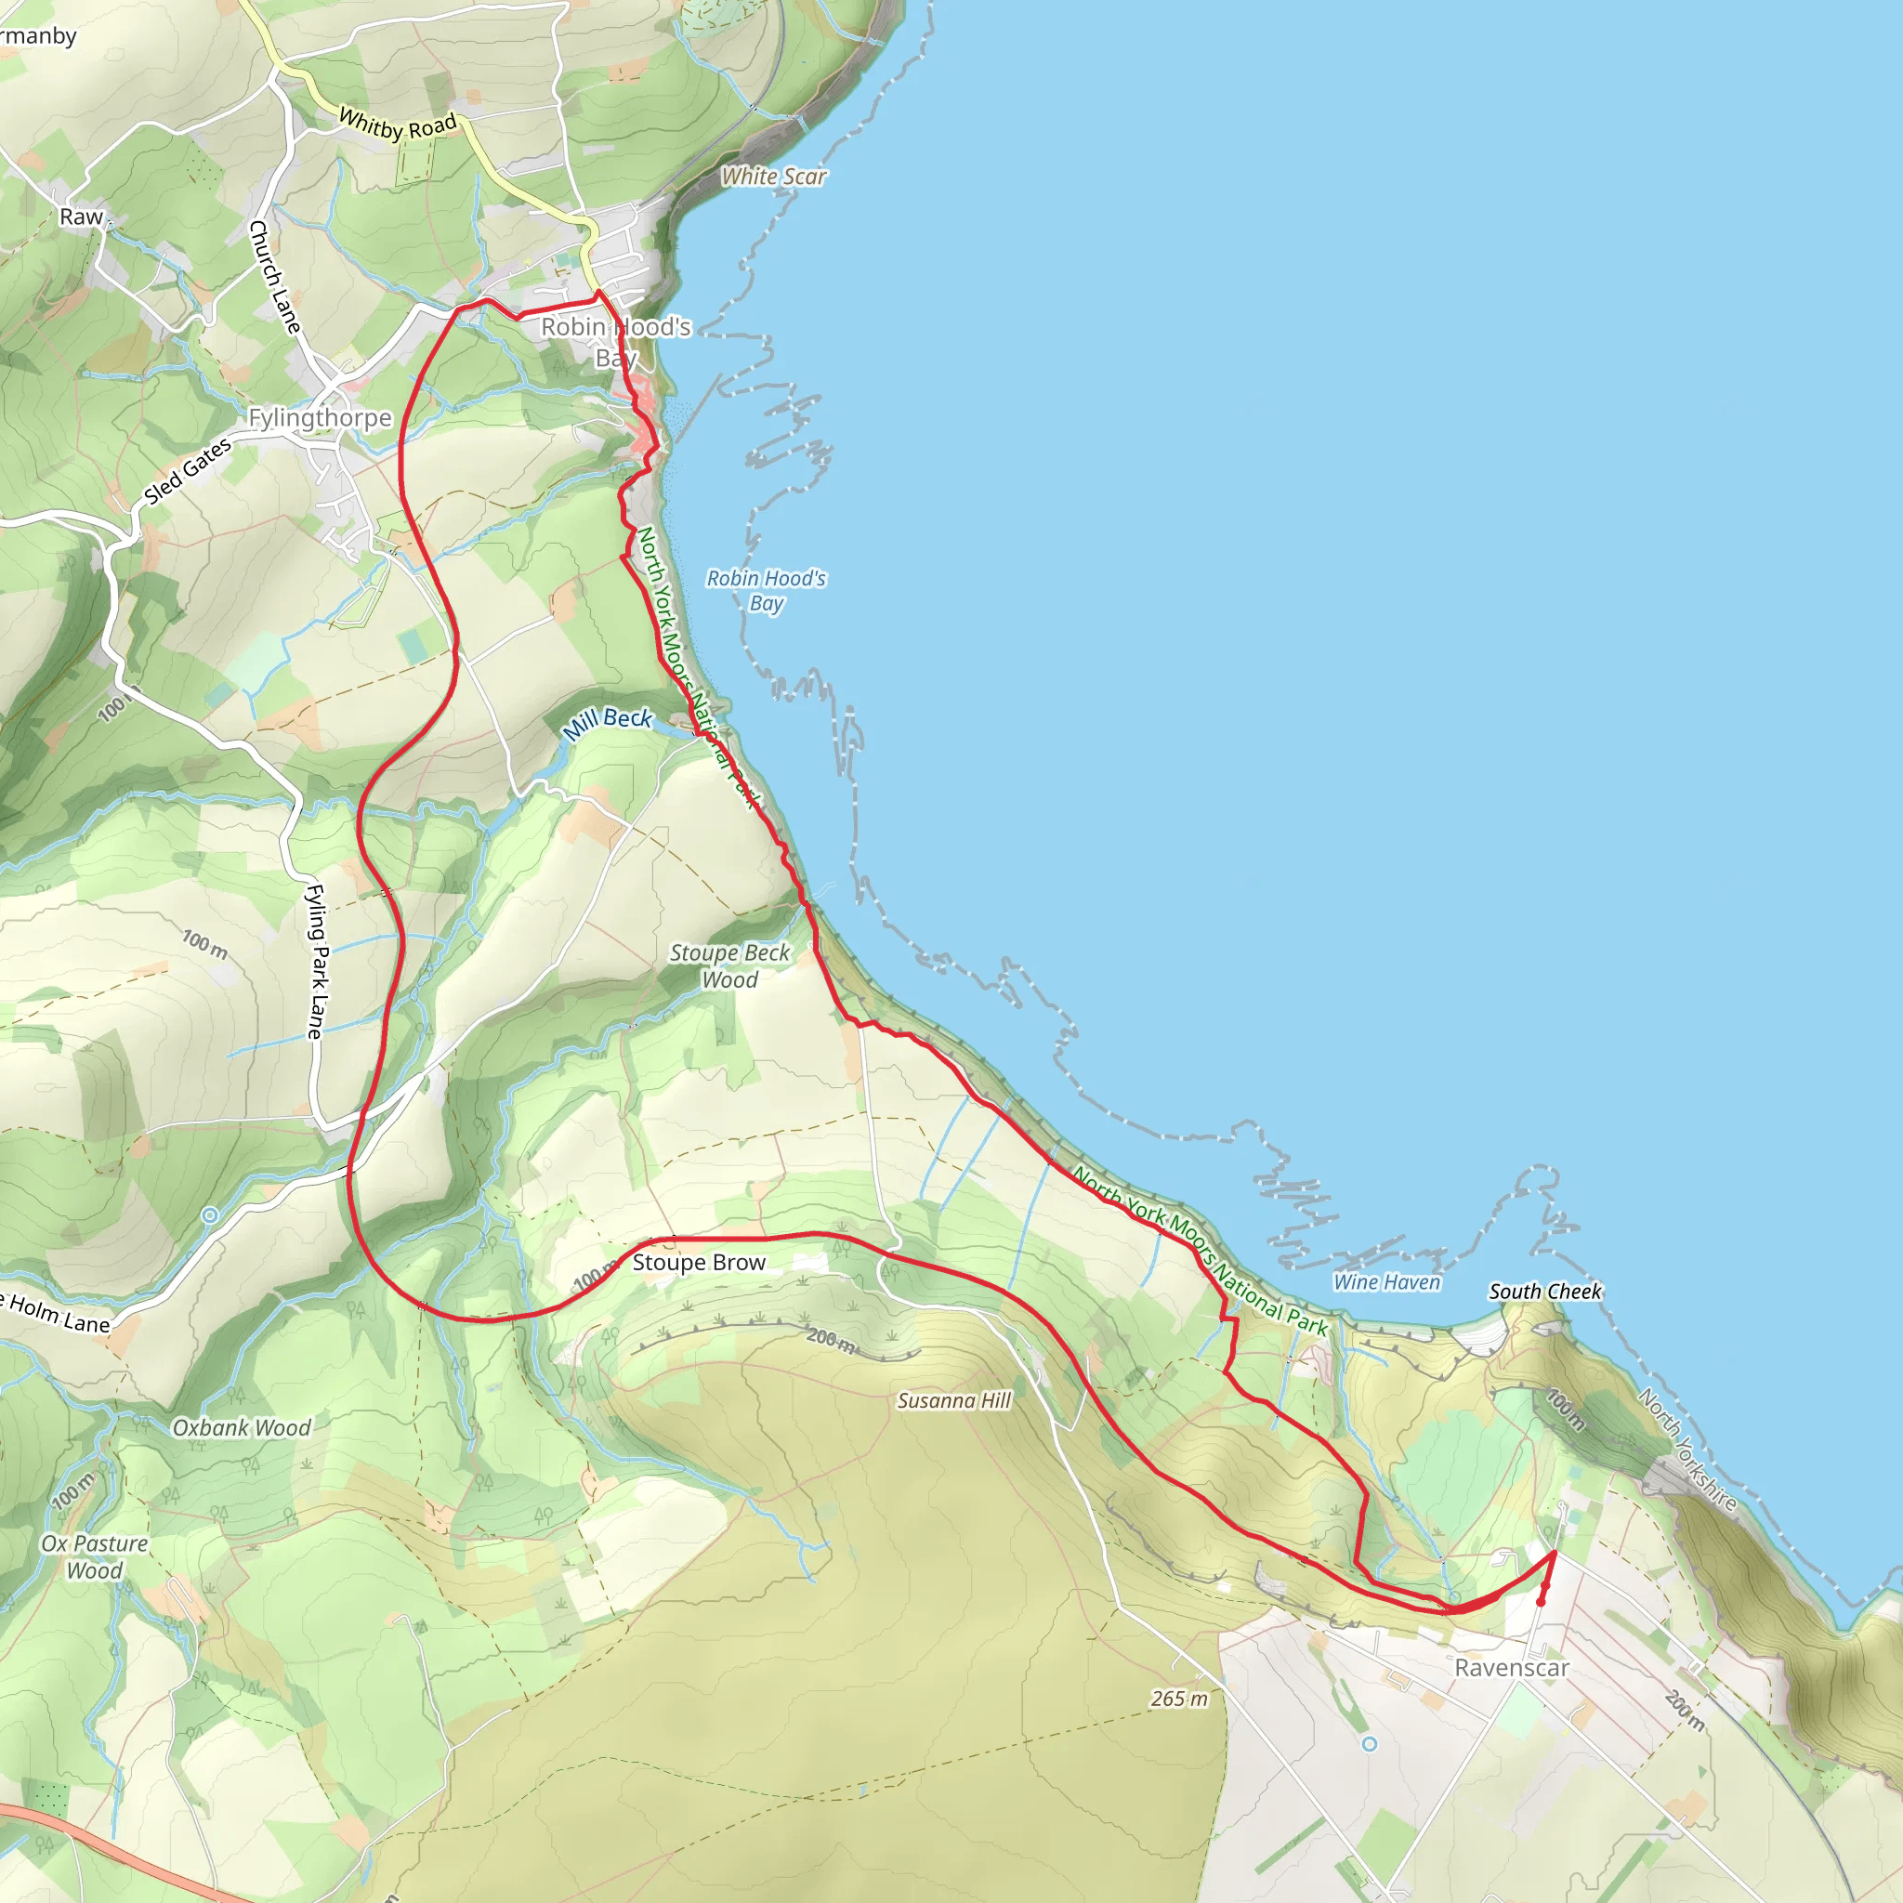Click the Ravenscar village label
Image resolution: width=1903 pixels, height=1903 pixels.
(x=1511, y=1668)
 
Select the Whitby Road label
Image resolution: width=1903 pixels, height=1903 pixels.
(x=397, y=125)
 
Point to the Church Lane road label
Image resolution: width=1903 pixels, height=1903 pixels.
(x=274, y=277)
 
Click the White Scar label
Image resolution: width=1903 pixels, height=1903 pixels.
(x=773, y=177)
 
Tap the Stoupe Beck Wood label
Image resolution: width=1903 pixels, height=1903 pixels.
(x=729, y=965)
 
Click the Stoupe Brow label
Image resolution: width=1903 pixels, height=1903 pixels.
(x=699, y=1263)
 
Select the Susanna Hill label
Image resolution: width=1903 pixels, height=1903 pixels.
(x=953, y=1400)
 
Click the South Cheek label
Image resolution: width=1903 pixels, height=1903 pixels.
(x=1544, y=1292)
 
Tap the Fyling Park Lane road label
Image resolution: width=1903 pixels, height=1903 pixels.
(x=315, y=962)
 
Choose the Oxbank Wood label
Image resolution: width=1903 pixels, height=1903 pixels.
(x=242, y=1427)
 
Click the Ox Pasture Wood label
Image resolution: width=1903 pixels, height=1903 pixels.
(x=95, y=1556)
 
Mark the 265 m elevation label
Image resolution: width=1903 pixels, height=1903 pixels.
(x=1178, y=1699)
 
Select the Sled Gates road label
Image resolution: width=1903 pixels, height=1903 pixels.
(x=187, y=471)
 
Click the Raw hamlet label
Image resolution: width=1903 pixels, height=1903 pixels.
(x=81, y=217)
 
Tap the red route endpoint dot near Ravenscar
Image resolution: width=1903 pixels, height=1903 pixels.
(x=1541, y=1602)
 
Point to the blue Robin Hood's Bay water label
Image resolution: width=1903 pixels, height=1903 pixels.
(x=766, y=590)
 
